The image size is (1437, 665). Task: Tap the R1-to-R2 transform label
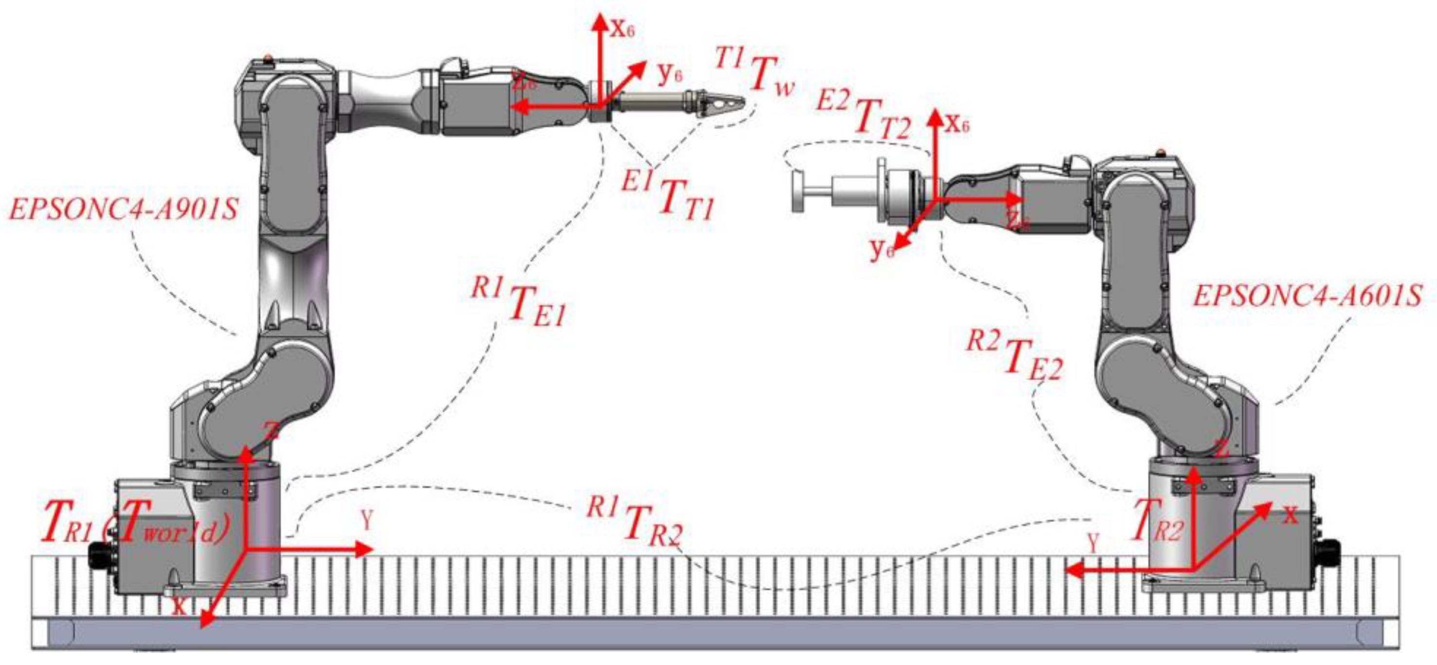[636, 523]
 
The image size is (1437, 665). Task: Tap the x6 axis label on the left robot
[622, 28]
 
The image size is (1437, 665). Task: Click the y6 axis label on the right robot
[881, 251]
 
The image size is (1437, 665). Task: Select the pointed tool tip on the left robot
[739, 102]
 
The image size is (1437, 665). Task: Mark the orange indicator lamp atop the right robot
[1161, 151]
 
